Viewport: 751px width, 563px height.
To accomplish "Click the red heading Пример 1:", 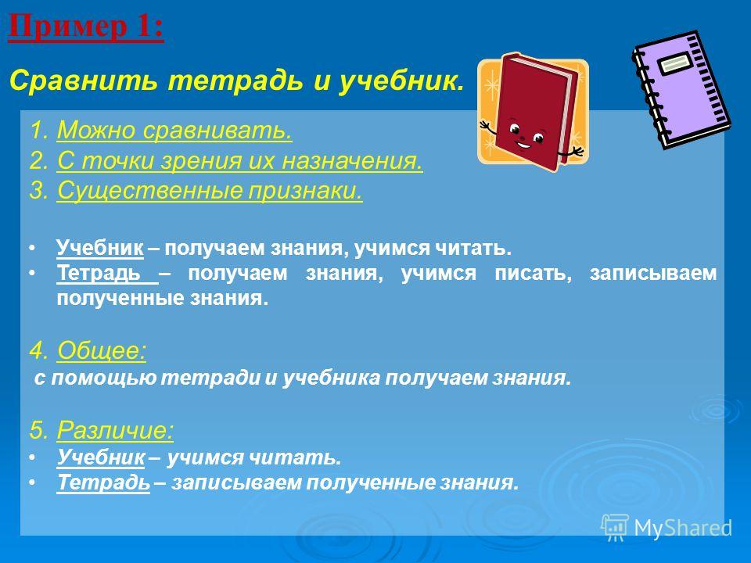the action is [x=86, y=28].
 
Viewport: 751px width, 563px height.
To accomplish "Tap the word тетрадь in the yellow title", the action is [x=235, y=81].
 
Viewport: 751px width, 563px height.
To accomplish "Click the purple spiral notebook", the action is [x=681, y=89].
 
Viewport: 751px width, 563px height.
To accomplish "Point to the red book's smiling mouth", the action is [x=523, y=145].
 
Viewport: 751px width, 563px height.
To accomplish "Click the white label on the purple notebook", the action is [x=676, y=63].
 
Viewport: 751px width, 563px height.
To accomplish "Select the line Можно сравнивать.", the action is [x=174, y=131].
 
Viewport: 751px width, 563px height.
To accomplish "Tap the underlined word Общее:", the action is [x=102, y=350].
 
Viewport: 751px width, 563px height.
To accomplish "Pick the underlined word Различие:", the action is [x=115, y=429].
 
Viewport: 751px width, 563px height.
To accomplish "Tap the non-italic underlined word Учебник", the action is [x=100, y=248].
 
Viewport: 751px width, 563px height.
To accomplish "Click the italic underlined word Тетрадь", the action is [x=103, y=482].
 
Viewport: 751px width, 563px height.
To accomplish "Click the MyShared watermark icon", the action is [x=615, y=528].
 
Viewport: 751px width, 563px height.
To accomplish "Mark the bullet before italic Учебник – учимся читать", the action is [x=32, y=457].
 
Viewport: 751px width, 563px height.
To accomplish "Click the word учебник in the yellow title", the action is [x=401, y=81].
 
